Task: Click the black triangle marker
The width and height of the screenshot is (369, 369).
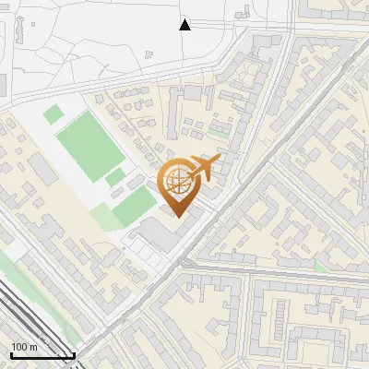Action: (x=184, y=24)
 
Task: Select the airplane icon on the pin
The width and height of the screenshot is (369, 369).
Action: (x=203, y=168)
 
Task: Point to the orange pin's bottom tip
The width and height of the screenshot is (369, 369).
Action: (x=178, y=216)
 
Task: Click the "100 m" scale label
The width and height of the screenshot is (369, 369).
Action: (x=25, y=347)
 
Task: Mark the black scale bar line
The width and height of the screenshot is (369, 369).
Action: (x=42, y=355)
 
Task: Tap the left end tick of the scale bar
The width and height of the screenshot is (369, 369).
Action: (x=10, y=353)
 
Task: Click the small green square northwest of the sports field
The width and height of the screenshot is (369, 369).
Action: (x=54, y=115)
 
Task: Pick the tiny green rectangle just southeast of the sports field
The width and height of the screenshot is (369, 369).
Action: (x=115, y=176)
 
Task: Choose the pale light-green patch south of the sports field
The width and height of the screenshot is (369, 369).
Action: (x=106, y=218)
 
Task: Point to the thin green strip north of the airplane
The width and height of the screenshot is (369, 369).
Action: (x=218, y=135)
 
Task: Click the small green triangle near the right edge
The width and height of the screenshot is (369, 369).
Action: (x=319, y=267)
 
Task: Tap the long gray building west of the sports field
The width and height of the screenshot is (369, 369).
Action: (x=42, y=169)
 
